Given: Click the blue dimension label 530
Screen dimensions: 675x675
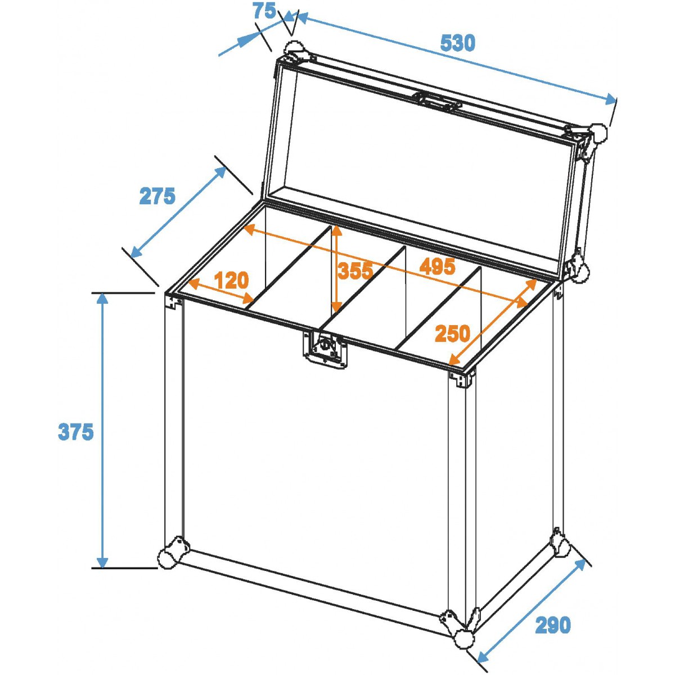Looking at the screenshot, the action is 457,43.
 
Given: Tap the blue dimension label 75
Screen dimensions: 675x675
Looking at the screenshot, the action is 264,11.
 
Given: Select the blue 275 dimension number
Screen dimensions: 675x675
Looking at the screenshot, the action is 157,196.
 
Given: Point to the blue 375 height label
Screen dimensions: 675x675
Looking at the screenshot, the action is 76,431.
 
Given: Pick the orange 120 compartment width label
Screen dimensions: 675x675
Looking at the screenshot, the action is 231,280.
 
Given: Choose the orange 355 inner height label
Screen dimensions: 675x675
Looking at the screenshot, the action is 355,271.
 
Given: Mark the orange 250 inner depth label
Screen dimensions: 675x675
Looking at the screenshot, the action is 452,334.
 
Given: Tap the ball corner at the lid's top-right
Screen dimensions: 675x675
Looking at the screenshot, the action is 598,134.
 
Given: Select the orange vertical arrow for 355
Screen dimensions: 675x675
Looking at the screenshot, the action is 336,269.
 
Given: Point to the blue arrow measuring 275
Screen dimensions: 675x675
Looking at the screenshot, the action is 178,212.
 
